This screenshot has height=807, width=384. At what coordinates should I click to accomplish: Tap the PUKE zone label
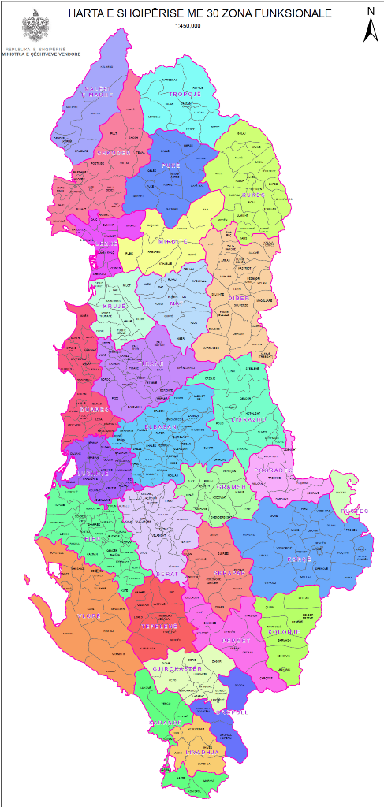pyautogui.click(x=171, y=166)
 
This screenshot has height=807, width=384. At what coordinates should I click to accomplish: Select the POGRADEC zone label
pyautogui.click(x=274, y=472)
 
